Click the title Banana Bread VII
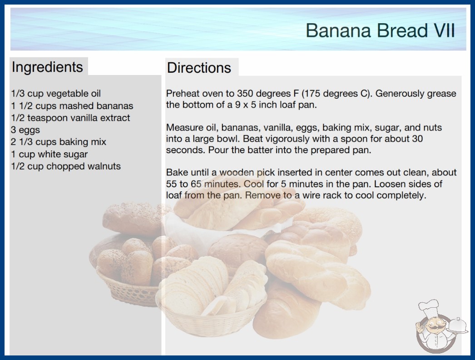(x=380, y=30)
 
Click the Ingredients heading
(x=47, y=67)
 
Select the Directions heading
(x=199, y=68)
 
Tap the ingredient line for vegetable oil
(x=56, y=94)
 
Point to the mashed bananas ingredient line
(x=72, y=106)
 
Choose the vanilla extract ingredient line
(x=70, y=118)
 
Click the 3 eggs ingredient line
(x=25, y=130)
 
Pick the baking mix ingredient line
(x=59, y=142)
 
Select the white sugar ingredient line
(x=49, y=155)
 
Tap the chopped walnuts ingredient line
(x=66, y=166)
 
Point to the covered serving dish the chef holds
(x=458, y=326)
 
